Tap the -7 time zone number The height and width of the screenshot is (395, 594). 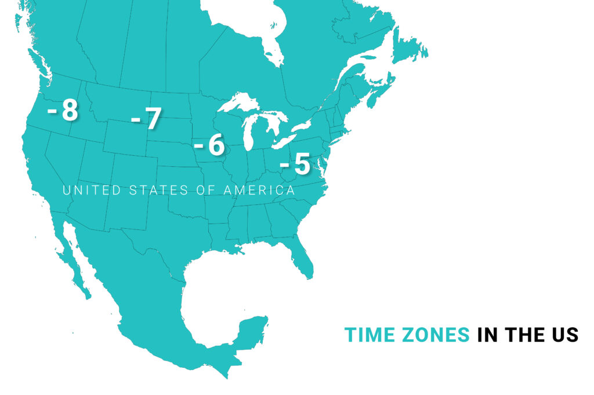coord(146,119)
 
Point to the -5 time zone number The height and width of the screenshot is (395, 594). coord(295,164)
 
